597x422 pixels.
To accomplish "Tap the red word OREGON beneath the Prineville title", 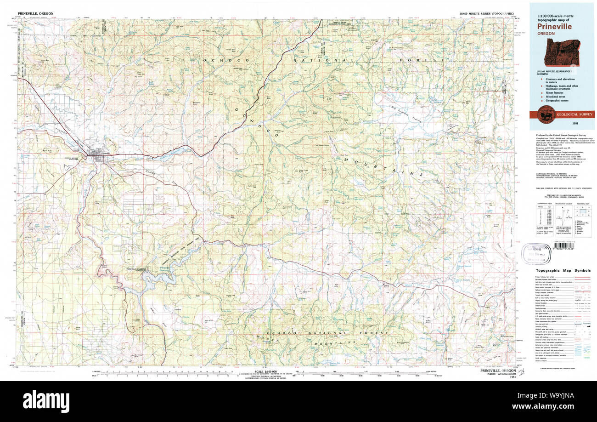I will (547, 34).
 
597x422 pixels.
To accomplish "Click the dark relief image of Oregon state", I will (562, 52).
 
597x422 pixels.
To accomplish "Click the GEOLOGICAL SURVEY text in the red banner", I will (574, 114).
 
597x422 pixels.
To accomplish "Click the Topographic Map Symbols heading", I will (563, 271).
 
